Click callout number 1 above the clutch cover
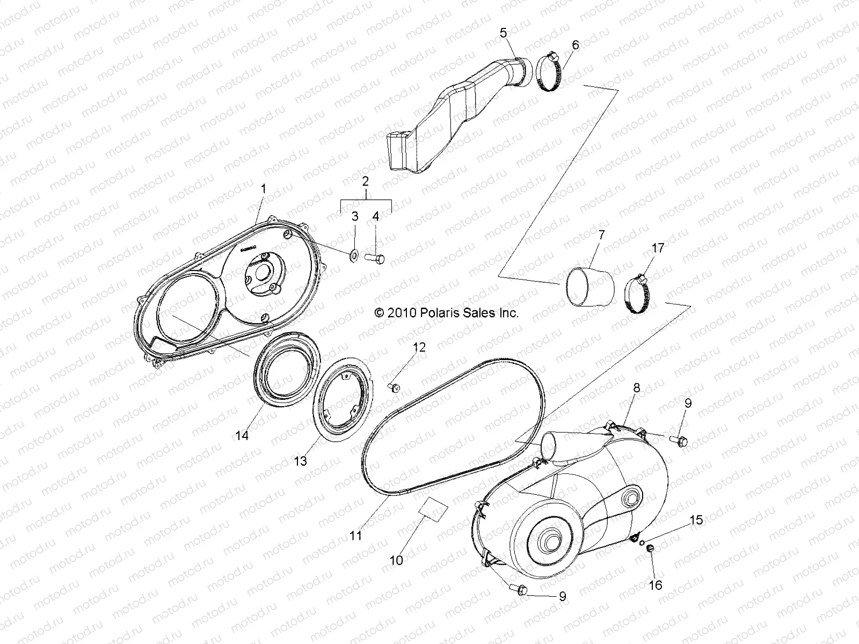263,188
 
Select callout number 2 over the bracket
365,181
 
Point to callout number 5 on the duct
503,33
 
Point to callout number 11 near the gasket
355,535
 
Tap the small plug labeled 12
394,387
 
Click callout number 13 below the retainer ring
301,460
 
